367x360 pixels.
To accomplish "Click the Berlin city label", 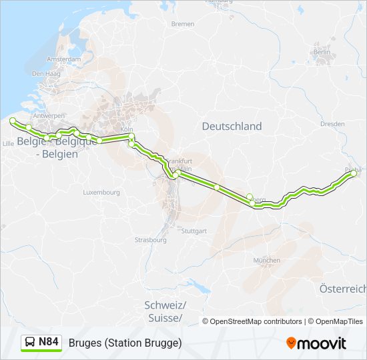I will [322, 52].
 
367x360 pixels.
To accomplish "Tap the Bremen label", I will [183, 24].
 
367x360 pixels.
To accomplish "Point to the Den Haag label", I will [43, 74].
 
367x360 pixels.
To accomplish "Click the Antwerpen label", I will [49, 115].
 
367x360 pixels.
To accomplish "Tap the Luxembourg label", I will [101, 192].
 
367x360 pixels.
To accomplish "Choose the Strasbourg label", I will [151, 239].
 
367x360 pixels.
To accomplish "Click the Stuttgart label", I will [194, 231].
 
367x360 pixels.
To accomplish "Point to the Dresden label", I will [332, 124].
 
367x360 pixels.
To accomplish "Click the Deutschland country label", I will [232, 126].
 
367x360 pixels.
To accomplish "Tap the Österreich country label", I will [343, 289].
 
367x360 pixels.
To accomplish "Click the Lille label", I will [9, 143].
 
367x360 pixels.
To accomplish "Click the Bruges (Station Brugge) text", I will [125, 343].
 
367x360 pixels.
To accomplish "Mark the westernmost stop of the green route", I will [12, 121].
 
